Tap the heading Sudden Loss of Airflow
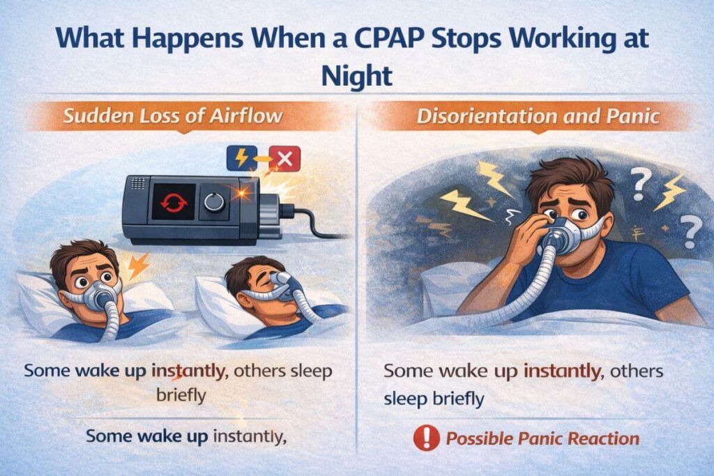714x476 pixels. coord(173,115)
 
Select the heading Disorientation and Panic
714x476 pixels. coord(538,115)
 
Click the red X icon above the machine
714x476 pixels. coord(284,160)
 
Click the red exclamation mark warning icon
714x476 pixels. coord(425,438)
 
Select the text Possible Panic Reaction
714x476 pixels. coord(542,438)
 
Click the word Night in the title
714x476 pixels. coord(356,75)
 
